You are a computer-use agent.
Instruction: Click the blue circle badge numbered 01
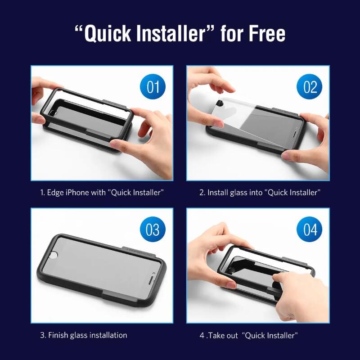tap(153, 86)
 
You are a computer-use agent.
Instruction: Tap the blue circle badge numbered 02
tap(309, 86)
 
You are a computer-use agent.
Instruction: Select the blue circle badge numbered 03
tap(153, 229)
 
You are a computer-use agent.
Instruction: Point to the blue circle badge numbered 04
tap(309, 229)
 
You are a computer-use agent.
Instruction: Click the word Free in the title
tap(267, 33)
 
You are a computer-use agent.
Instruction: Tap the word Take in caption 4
tap(216, 335)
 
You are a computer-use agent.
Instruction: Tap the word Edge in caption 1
tap(55, 193)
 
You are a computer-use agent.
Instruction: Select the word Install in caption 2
tap(217, 193)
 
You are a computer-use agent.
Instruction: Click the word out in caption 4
tap(233, 336)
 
